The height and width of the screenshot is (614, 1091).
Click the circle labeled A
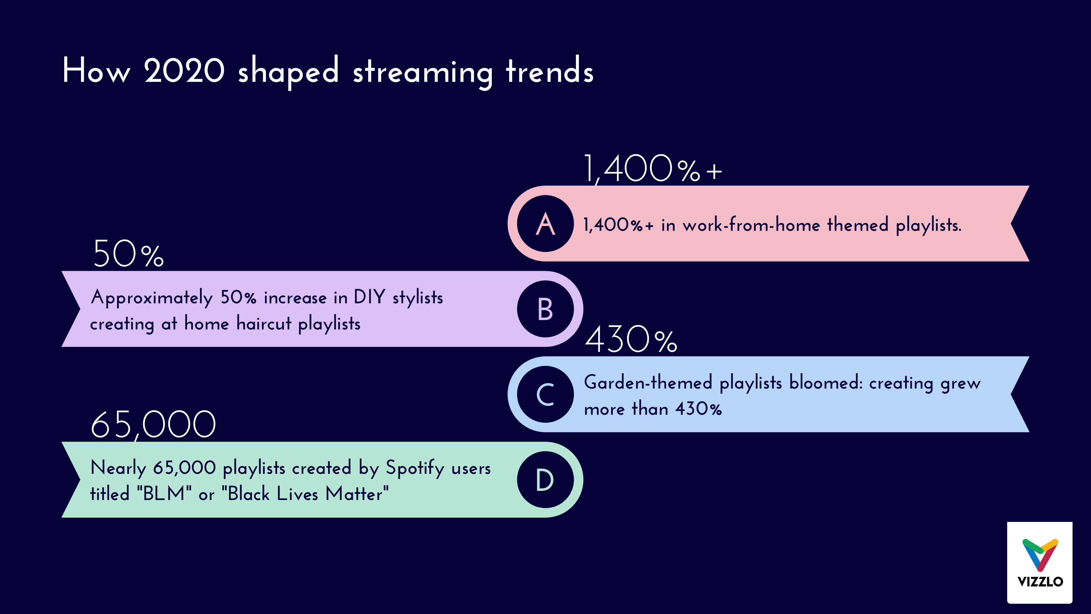545,223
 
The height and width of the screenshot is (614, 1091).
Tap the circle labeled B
545,309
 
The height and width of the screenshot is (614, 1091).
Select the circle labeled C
545,395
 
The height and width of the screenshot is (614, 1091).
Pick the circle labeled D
545,480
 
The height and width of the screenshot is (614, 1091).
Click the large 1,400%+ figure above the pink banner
652,169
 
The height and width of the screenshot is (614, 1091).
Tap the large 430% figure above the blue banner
631,340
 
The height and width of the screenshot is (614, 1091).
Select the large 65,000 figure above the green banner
153,425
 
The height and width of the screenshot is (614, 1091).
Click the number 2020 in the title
184,71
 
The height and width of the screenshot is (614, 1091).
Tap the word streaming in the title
423,72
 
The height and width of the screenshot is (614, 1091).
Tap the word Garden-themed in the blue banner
648,383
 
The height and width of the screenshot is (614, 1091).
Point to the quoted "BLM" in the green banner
164,494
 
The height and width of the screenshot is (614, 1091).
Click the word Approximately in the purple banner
152,298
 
